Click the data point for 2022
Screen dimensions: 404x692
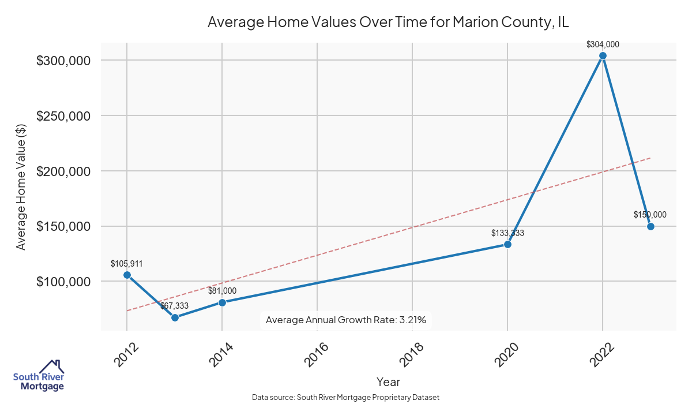pos(603,56)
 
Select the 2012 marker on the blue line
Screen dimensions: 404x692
pos(127,275)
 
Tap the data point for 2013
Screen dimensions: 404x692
pos(175,317)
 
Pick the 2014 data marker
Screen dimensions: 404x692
pos(222,302)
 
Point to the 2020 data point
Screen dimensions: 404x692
pos(507,244)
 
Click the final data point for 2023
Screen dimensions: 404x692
pos(650,226)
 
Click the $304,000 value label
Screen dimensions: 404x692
pos(603,44)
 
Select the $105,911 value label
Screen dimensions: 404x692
pos(127,264)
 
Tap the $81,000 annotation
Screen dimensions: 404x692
pos(222,291)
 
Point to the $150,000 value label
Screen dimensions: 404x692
pos(650,215)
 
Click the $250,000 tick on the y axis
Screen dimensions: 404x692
pos(63,116)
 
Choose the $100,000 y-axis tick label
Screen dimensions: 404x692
pos(63,282)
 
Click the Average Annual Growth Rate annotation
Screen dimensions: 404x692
pos(346,320)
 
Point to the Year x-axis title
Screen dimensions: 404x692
pos(388,381)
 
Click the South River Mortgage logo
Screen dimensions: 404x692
pos(39,376)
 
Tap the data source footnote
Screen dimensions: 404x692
pos(346,398)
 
